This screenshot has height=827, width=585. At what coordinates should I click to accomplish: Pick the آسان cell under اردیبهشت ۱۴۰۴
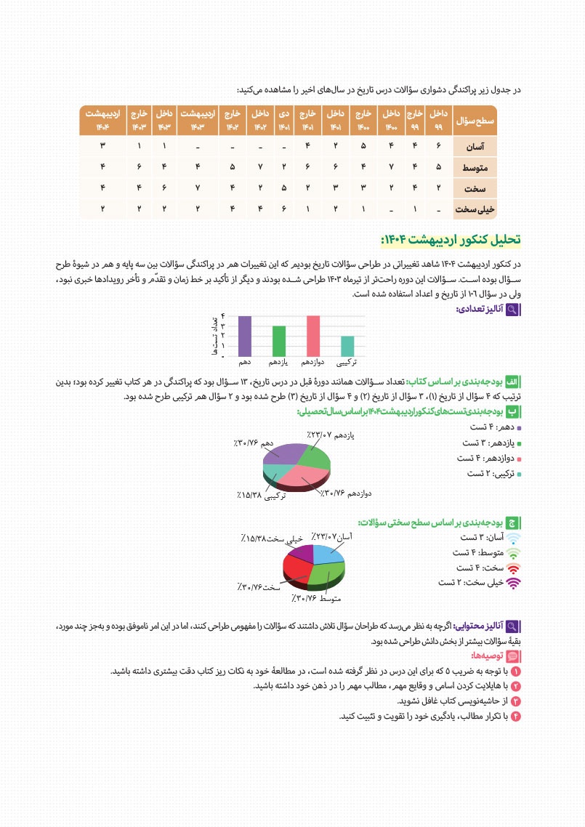pyautogui.click(x=102, y=147)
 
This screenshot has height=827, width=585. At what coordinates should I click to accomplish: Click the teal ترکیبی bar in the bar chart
pyautogui.click(x=348, y=345)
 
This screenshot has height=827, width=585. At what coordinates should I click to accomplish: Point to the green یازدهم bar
pyautogui.click(x=279, y=340)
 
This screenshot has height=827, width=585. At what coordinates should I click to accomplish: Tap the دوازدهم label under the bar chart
pyautogui.click(x=313, y=361)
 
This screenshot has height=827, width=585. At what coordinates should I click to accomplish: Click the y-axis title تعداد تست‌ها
pyautogui.click(x=215, y=335)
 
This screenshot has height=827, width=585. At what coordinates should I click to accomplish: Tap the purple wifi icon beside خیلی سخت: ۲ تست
pyautogui.click(x=513, y=582)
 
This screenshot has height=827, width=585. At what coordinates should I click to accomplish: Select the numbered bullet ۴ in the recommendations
pyautogui.click(x=517, y=717)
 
